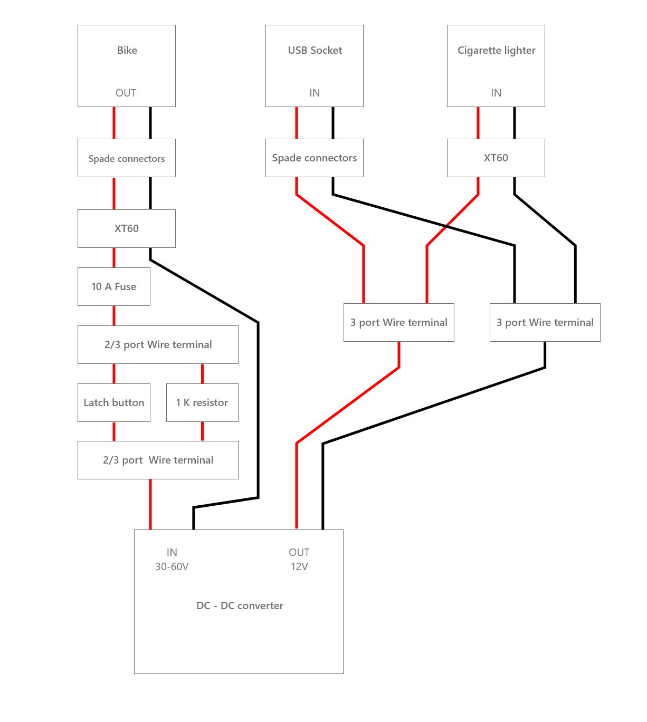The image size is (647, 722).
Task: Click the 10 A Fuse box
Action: tap(113, 286)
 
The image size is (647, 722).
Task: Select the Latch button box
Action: tap(113, 402)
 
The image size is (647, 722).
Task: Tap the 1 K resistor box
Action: tap(202, 402)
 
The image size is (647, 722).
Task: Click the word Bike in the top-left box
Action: tap(127, 50)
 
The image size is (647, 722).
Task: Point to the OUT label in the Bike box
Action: tap(126, 93)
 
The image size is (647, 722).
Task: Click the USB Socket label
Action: tap(315, 50)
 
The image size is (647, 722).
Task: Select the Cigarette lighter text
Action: tap(496, 50)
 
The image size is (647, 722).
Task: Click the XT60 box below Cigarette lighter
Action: tap(496, 158)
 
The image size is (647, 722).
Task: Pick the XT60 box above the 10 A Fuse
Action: tap(126, 228)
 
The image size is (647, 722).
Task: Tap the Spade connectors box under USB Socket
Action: tap(314, 158)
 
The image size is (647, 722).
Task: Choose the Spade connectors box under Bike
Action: tap(126, 158)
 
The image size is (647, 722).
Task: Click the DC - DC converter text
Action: tap(240, 605)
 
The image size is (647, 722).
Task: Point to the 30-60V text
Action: tap(172, 566)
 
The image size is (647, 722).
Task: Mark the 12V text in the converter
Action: tap(299, 566)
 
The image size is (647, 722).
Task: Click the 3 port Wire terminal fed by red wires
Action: tap(398, 322)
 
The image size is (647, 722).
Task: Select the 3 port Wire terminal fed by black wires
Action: tap(545, 322)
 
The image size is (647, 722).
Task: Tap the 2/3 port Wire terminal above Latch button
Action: tap(158, 344)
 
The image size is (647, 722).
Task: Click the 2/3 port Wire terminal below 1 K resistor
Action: tap(158, 460)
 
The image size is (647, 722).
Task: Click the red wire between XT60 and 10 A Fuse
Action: tap(114, 257)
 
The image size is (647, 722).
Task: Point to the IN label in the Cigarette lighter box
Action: tap(496, 93)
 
